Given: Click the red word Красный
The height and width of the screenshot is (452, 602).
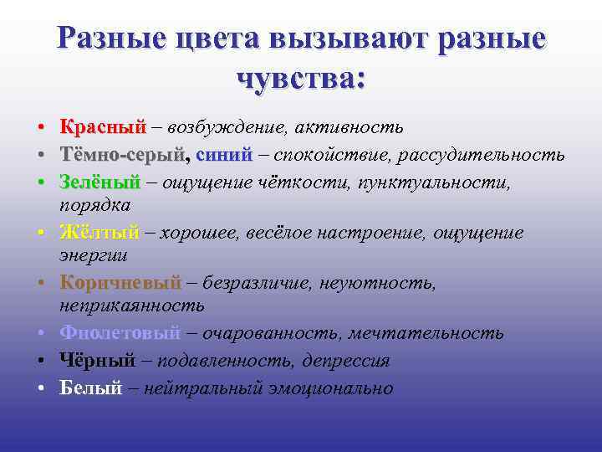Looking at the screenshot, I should [x=102, y=127].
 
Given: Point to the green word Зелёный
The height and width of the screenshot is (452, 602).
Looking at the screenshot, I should [x=99, y=182].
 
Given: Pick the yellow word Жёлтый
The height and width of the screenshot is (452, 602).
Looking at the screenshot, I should [x=99, y=233].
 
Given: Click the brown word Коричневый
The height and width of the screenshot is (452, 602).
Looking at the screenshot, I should [x=120, y=283].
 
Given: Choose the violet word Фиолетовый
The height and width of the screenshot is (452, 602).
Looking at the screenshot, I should [x=120, y=333].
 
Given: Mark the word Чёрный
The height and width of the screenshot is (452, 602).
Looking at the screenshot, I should [x=97, y=361].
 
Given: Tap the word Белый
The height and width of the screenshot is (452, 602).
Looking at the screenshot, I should [x=90, y=388].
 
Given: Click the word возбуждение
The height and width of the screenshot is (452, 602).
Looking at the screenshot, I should [x=223, y=128].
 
